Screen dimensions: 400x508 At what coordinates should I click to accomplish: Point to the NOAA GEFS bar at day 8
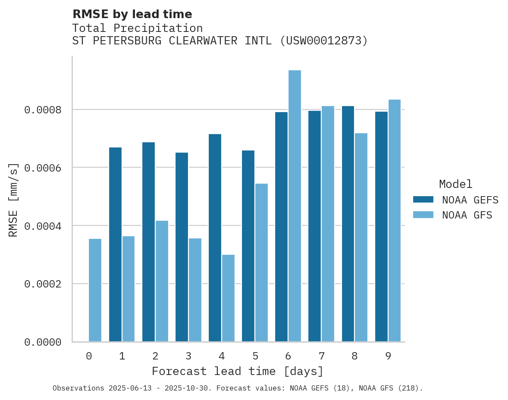[348, 224]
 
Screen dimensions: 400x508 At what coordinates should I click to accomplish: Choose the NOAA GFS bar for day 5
[261, 262]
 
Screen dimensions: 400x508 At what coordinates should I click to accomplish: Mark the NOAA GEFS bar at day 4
[215, 237]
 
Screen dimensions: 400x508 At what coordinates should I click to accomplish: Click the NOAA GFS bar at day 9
[395, 220]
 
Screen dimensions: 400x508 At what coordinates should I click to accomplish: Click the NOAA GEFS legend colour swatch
[423, 200]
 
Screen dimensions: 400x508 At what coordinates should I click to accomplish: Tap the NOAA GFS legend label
[467, 215]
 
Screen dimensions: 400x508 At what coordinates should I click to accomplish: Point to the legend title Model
[455, 184]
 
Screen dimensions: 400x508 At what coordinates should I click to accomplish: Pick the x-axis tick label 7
[322, 356]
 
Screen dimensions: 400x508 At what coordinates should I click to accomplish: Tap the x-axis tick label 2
[155, 356]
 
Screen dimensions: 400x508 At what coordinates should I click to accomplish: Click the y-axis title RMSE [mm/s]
[14, 200]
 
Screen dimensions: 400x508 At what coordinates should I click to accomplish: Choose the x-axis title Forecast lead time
[237, 371]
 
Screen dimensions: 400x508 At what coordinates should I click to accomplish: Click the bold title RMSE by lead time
[132, 14]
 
